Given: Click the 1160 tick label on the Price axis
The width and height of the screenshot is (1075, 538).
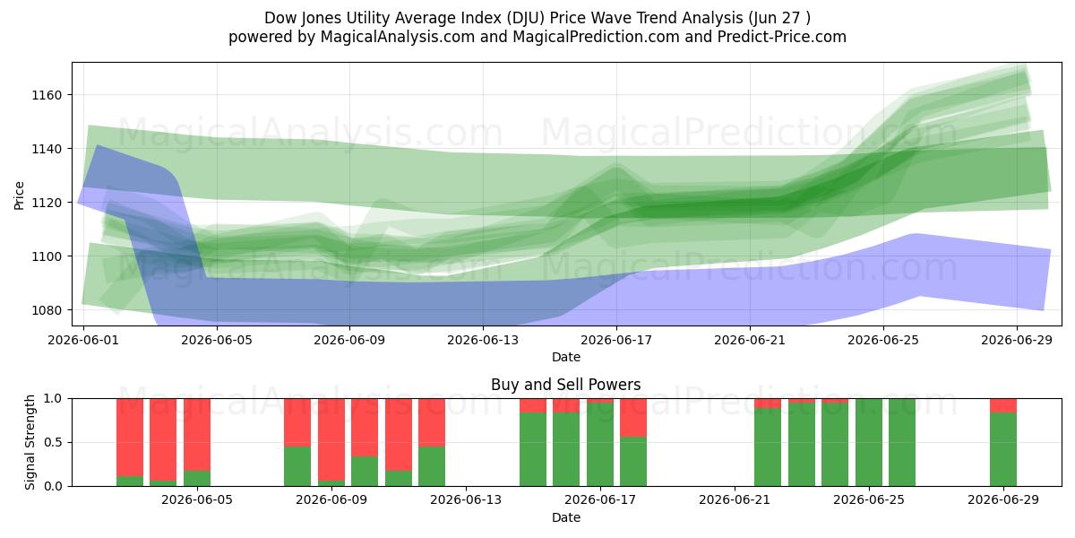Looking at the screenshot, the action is pos(47,95).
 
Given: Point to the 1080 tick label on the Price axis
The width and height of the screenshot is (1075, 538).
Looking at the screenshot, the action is pos(47,310).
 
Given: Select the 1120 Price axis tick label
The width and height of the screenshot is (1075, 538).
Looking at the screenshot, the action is pos(47,203).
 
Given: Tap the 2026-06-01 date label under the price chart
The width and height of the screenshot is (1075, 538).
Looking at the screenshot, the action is pos(83,340).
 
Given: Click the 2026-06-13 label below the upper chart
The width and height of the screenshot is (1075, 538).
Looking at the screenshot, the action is pos(483,340).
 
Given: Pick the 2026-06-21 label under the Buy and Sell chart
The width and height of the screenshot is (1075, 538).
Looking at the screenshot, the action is pos(735,499).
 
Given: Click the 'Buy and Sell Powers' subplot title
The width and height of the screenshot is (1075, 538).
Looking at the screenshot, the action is pos(566,385).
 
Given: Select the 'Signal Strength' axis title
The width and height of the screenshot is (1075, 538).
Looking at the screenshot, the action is pos(30,442).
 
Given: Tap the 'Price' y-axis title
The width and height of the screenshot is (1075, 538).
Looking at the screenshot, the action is pos(19,195).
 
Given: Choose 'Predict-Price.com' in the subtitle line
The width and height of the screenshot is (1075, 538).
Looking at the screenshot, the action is pos(782,37).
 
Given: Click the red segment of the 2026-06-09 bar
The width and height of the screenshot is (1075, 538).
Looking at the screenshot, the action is pos(331,439).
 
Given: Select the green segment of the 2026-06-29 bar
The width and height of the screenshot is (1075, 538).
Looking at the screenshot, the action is pos(1003,449).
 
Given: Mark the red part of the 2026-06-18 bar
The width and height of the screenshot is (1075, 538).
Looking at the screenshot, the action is pos(633,418).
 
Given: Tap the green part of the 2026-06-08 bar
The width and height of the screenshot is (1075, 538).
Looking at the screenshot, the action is pos(297,466).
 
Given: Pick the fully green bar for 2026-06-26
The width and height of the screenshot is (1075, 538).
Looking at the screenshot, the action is pos(902,442).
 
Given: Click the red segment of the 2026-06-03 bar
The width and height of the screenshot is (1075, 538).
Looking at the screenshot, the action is pos(163,439).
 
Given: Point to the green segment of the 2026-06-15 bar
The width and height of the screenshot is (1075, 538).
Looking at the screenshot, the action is pos(533,449).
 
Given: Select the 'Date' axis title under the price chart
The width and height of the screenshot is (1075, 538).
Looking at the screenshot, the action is pos(566,357).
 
